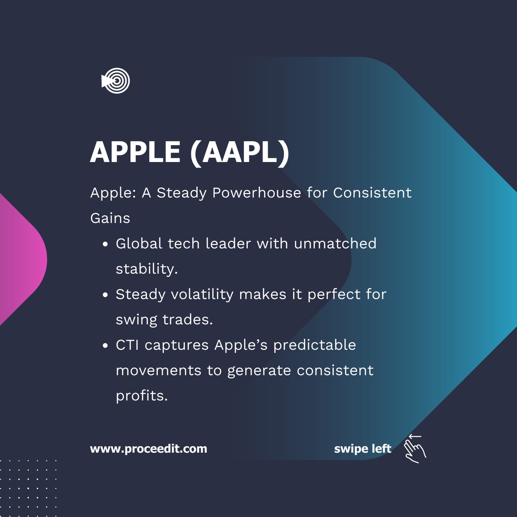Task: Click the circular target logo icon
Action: click(116, 81)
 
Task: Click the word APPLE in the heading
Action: click(135, 152)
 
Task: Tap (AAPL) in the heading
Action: click(240, 152)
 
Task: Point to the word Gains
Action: click(110, 218)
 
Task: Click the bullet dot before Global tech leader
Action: click(105, 244)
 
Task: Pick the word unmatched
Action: click(335, 243)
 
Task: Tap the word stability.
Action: click(146, 269)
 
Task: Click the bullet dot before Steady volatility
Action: click(105, 295)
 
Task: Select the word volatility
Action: click(202, 294)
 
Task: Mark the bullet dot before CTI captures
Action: click(105, 346)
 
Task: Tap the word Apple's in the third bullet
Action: click(241, 345)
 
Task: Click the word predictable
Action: click(315, 345)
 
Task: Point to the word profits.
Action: click(141, 396)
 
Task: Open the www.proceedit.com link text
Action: click(148, 449)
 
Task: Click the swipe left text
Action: click(362, 449)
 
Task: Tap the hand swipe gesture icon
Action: click(414, 449)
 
